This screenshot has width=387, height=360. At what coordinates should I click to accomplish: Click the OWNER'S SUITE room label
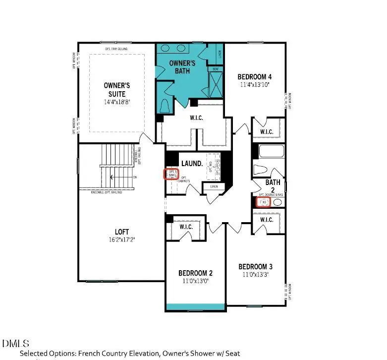pyautogui.click(x=114, y=89)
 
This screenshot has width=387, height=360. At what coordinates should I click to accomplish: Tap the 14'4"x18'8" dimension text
pyautogui.click(x=114, y=102)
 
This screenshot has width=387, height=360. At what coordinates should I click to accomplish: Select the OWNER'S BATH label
pyautogui.click(x=183, y=67)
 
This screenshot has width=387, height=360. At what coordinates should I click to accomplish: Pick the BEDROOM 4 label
pyautogui.click(x=255, y=77)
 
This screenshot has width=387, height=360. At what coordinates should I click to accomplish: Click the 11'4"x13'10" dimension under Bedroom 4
pyautogui.click(x=255, y=85)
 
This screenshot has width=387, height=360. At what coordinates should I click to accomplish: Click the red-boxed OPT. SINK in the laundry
pyautogui.click(x=171, y=174)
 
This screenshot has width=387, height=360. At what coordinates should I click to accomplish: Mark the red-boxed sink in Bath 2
pyautogui.click(x=264, y=202)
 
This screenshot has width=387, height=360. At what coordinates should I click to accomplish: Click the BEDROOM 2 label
pyautogui.click(x=196, y=273)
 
